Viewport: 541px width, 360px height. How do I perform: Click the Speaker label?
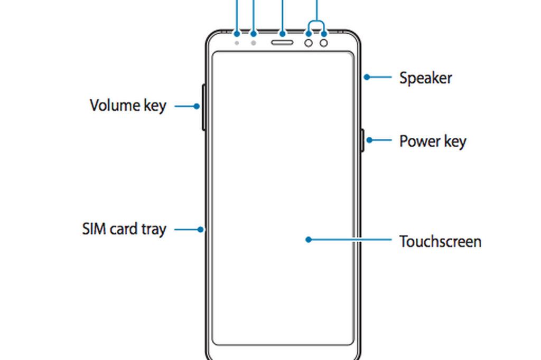425,78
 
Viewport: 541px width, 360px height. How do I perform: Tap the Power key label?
432,141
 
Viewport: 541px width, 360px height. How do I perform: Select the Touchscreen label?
440,242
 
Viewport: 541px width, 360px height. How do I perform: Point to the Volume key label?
128,106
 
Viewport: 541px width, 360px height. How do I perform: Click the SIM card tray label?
124,230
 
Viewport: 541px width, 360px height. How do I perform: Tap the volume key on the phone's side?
203,107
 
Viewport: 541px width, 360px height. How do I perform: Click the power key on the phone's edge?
363,140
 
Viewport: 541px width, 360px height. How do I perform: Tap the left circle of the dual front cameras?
309,42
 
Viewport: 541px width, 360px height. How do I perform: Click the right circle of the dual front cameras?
324,42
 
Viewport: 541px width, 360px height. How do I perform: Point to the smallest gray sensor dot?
237,42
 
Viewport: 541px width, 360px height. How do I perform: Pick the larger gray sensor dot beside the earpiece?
254,42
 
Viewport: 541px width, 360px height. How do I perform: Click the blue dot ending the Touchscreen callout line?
308,240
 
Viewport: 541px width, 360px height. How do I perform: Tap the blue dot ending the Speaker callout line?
366,77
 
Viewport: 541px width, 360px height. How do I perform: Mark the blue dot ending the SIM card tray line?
201,230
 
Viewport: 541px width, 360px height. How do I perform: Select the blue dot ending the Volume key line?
196,106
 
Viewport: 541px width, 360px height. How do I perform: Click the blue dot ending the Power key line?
370,140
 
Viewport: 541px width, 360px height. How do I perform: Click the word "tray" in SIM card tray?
153,230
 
